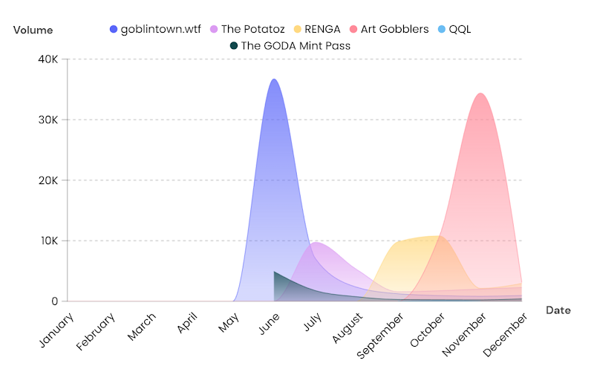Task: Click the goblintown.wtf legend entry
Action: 154,29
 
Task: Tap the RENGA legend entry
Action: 316,29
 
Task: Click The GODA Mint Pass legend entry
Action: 290,45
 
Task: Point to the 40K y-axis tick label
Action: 46,59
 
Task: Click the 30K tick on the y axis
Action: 46,120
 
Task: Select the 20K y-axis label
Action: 46,180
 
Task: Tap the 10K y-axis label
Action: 46,241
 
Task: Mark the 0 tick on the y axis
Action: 54,301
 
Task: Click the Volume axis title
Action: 33,30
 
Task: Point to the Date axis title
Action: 558,310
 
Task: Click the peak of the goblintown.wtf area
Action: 274,79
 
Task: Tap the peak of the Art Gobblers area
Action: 481,94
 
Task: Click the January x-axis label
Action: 55,330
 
